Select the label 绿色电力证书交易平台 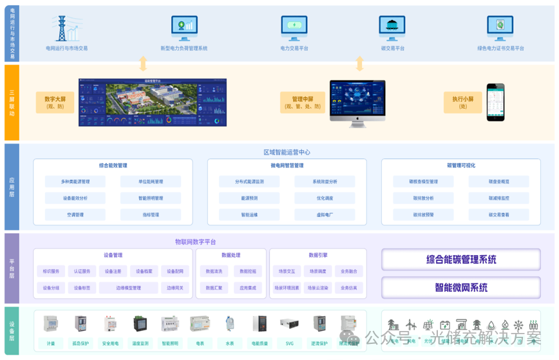(500, 48)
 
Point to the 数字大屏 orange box (55, 102)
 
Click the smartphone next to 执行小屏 (495, 102)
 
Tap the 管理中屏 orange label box (302, 102)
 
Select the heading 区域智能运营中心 (287, 153)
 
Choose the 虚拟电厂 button (325, 214)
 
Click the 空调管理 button (75, 214)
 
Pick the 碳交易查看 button (498, 214)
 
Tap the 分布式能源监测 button (249, 182)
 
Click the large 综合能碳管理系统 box (460, 260)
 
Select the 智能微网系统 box (460, 287)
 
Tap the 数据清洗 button (214, 271)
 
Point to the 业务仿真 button (348, 288)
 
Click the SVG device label (289, 343)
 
